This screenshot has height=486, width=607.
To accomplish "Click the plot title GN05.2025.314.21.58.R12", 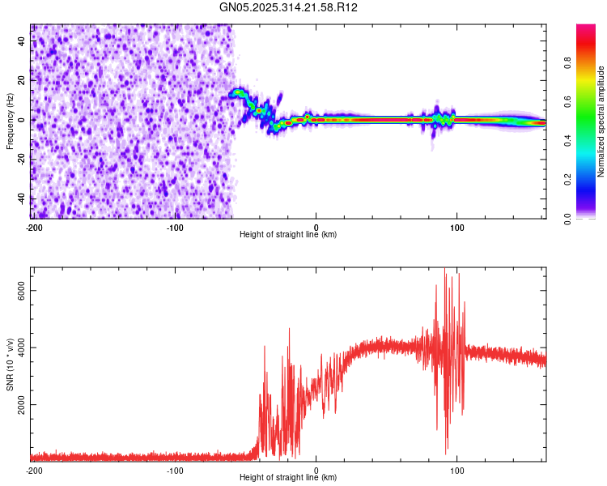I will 289,7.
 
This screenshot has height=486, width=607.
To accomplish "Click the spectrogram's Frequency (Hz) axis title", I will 10,121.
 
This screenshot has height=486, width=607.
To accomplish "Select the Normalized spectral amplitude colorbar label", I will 601,122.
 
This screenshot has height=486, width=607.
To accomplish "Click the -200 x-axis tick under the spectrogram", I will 33,226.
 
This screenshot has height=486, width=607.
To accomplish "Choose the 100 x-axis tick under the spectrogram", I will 456,226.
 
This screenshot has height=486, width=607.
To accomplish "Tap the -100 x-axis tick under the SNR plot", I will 175,470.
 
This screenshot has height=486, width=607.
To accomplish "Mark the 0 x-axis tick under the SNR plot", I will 316,470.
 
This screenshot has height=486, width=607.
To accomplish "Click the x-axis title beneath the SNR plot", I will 288,478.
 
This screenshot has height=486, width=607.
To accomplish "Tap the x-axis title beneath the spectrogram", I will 288,234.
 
